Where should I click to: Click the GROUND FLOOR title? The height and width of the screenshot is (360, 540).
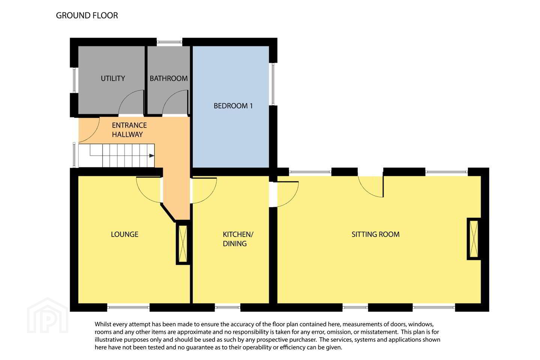[x=87, y=15]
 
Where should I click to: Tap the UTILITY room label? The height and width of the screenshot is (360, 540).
[x=113, y=78]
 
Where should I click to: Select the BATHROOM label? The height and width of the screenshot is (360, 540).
[x=168, y=78]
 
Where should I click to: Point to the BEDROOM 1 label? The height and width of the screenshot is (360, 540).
[x=233, y=106]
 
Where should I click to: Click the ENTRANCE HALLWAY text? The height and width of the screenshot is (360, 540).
[x=129, y=130]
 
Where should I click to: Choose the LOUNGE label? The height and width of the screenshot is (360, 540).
[x=124, y=234]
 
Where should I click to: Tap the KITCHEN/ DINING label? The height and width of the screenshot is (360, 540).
[x=238, y=239]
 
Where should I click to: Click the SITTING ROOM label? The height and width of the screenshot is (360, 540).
[x=375, y=234]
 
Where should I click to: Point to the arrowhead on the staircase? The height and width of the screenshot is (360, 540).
[x=151, y=156]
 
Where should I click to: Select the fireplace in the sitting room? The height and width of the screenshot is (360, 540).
[x=474, y=239]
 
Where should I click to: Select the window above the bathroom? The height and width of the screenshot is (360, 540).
[x=169, y=42]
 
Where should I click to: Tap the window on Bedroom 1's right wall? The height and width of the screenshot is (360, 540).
[x=273, y=84]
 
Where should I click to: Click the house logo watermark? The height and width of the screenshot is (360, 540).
[x=48, y=315]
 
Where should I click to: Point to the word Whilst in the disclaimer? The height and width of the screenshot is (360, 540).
[x=103, y=324]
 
